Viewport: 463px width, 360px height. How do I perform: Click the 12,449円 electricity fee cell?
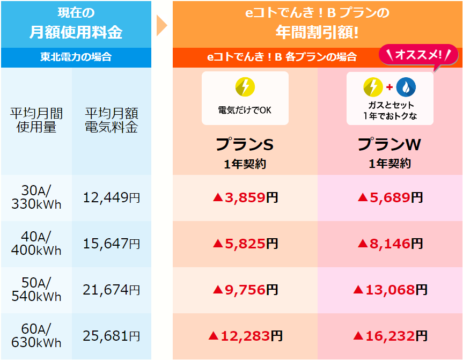(x=112, y=198)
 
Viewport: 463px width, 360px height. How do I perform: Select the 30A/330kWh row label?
(x=36, y=197)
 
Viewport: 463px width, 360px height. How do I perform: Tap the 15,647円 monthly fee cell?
(x=112, y=244)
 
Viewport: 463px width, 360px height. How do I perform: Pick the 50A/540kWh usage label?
(x=36, y=290)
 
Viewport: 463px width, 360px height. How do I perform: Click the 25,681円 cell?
(x=112, y=336)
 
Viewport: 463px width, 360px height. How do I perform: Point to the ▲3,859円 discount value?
(x=245, y=198)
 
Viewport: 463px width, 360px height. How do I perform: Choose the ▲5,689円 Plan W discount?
(x=390, y=198)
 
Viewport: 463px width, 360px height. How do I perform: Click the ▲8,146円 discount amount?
(x=390, y=244)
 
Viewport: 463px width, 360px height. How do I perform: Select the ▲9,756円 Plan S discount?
(x=245, y=290)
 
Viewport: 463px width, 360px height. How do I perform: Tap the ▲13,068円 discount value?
(x=390, y=290)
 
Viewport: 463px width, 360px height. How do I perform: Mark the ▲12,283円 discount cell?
(x=245, y=336)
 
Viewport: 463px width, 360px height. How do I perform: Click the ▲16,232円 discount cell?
(x=390, y=336)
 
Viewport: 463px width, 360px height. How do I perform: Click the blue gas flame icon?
(x=406, y=87)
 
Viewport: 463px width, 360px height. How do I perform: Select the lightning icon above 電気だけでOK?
(x=245, y=87)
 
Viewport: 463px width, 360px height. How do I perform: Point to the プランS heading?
(x=245, y=144)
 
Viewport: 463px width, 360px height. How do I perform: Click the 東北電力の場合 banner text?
(x=76, y=57)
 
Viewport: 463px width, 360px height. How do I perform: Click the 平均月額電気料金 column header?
(x=112, y=121)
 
